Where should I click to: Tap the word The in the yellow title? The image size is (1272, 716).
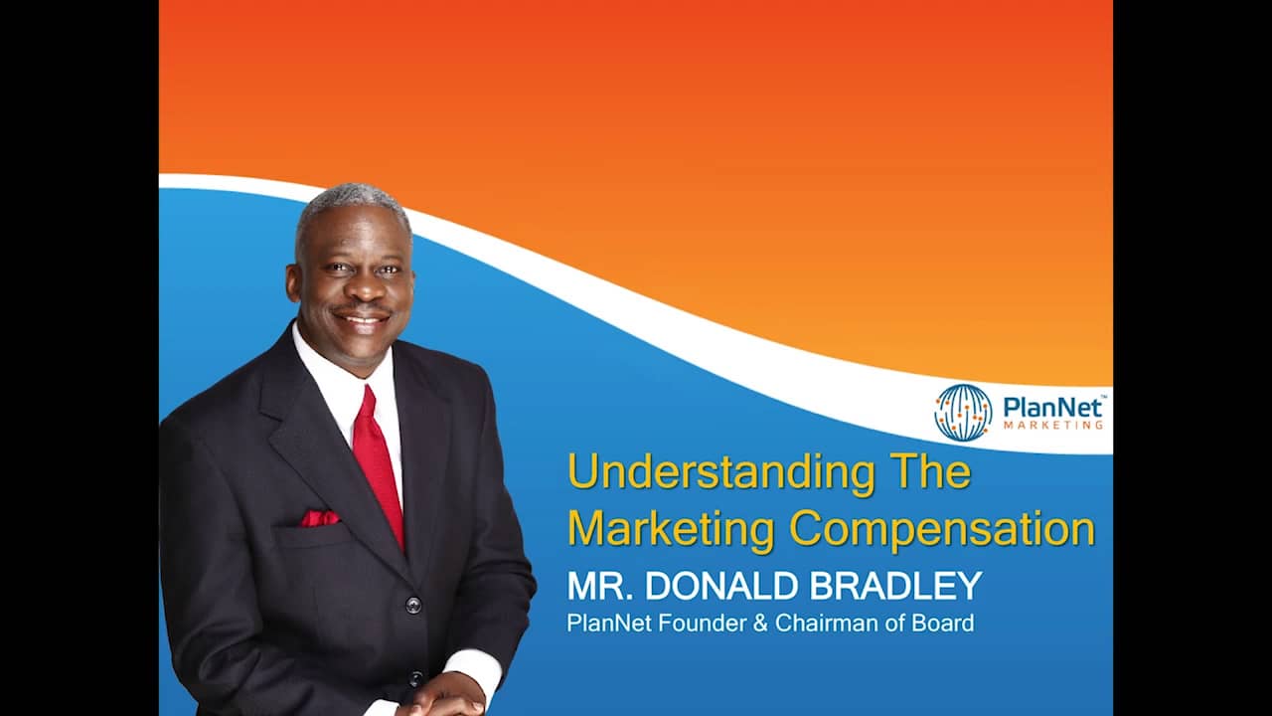pyautogui.click(x=930, y=471)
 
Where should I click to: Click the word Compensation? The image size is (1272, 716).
pyautogui.click(x=942, y=530)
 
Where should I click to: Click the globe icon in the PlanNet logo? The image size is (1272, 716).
pyautogui.click(x=963, y=412)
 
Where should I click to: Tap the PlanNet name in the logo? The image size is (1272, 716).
pyautogui.click(x=1052, y=406)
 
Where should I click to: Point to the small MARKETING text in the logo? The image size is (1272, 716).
pyautogui.click(x=1052, y=425)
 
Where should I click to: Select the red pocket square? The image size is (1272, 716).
pyautogui.click(x=319, y=518)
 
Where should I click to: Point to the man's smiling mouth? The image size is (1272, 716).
pyautogui.click(x=363, y=319)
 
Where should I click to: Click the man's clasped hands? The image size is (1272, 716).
pyautogui.click(x=442, y=696)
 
